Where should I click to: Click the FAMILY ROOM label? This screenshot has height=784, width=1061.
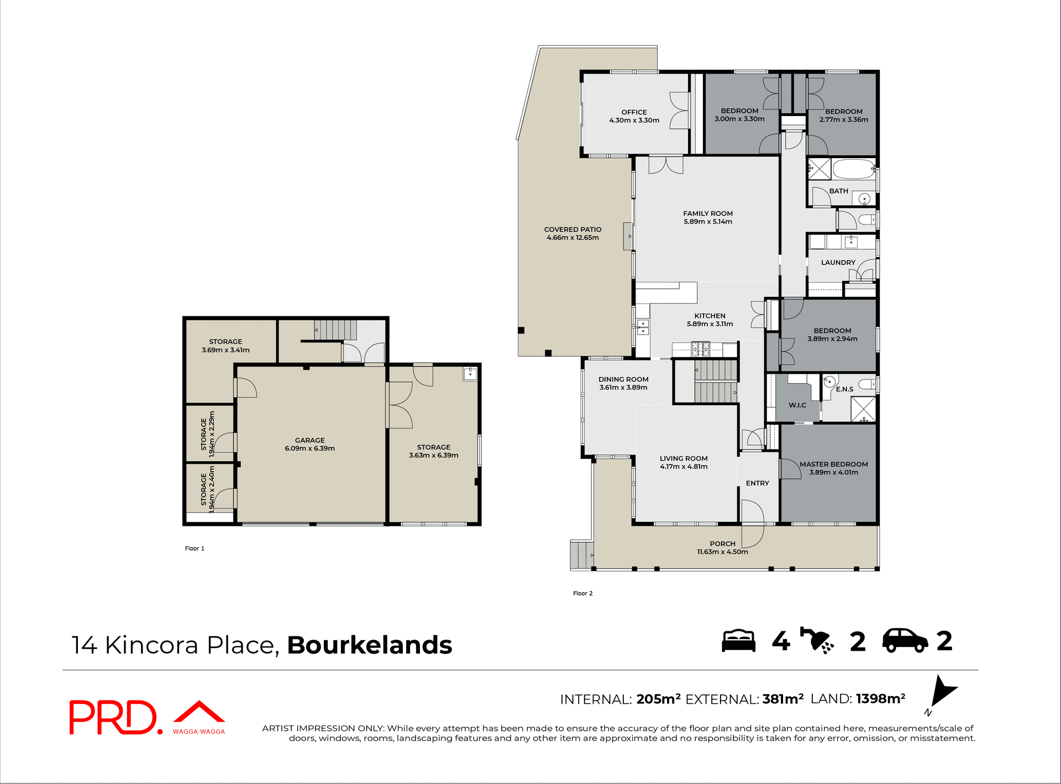(707, 213)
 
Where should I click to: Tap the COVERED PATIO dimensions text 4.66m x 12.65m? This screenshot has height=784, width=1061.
(572, 238)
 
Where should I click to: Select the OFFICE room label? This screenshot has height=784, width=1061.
(634, 112)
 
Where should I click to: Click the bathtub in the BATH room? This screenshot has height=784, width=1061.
(853, 169)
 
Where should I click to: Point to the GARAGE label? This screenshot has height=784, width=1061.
(309, 441)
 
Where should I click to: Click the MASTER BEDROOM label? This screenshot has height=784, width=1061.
(833, 464)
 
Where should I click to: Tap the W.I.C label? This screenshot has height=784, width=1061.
(797, 405)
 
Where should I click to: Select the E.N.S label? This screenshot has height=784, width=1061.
(844, 389)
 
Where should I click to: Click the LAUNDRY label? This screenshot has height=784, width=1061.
(838, 263)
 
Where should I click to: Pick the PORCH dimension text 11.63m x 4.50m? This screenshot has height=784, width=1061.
(722, 552)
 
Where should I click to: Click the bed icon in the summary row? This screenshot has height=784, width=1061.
(738, 641)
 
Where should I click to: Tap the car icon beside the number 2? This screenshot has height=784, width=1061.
(905, 641)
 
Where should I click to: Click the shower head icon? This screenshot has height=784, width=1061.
(817, 641)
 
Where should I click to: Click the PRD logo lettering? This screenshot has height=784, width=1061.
(113, 717)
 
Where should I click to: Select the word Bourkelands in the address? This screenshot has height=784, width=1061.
(369, 645)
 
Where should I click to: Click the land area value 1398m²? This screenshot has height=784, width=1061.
(880, 699)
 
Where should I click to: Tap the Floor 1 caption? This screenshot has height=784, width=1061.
(195, 548)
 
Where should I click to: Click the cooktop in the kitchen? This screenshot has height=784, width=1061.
(700, 349)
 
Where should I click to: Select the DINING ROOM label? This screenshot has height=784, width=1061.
(623, 379)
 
